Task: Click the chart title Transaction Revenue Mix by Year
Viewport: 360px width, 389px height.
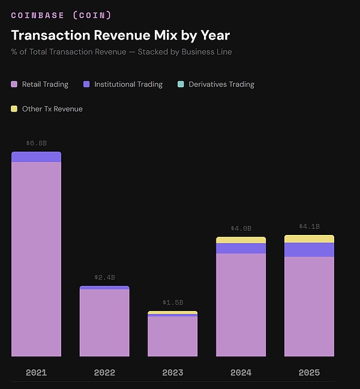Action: tap(120, 35)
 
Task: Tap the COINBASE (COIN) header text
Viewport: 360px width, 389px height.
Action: tap(61, 15)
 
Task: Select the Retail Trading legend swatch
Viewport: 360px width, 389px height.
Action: tap(14, 85)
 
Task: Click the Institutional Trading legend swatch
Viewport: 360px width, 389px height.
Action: tap(86, 85)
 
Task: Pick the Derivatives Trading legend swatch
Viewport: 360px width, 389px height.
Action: tap(181, 85)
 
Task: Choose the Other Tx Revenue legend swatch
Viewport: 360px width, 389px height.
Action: tap(14, 109)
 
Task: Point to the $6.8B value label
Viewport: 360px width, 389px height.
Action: tap(36, 143)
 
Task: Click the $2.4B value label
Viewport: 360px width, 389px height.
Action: tap(104, 278)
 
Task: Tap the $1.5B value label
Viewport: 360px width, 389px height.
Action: tap(173, 303)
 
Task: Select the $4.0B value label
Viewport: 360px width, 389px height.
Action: tap(241, 228)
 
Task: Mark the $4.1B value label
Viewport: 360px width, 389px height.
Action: tap(309, 227)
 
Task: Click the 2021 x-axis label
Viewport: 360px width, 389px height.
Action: tap(36, 373)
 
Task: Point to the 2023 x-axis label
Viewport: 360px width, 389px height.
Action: tap(173, 373)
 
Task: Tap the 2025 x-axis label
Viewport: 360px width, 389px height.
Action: tap(309, 373)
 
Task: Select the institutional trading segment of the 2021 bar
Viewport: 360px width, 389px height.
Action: tap(36, 157)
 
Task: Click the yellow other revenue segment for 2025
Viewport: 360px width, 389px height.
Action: tap(309, 239)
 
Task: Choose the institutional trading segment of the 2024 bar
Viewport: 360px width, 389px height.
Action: tap(241, 248)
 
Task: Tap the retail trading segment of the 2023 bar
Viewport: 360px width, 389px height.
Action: tap(173, 336)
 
